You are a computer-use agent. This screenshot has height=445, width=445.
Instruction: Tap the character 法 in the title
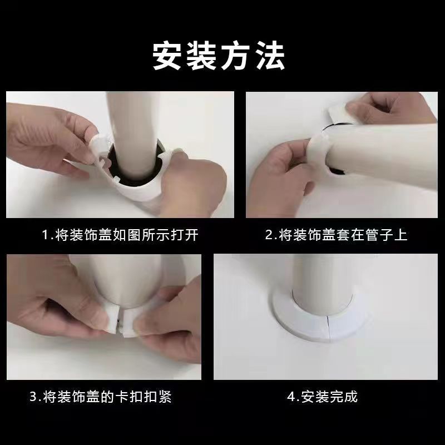[270, 56]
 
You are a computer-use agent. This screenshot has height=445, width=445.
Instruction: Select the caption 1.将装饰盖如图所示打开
[120, 235]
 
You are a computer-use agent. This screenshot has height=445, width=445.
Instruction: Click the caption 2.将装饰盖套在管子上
[336, 235]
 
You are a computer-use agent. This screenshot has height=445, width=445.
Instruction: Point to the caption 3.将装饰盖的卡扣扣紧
[100, 397]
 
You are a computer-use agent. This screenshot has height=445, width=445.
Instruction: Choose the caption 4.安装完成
[322, 397]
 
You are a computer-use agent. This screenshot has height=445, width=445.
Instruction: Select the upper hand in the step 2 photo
[389, 111]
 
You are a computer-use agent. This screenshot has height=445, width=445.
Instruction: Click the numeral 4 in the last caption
[290, 397]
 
